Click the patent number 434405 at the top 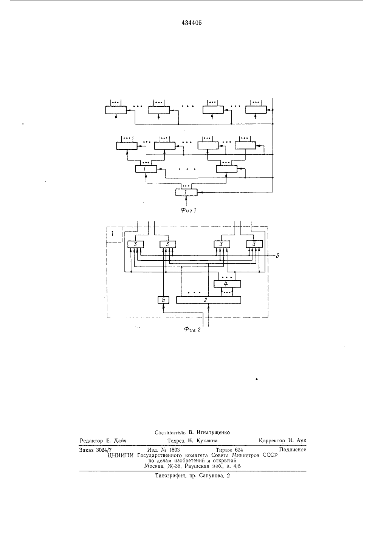pos(192,23)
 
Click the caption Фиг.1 pos(188,210)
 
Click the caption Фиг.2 pos(192,330)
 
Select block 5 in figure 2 pos(163,300)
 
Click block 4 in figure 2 pos(227,284)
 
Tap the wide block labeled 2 pos(209,300)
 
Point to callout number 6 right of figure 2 pos(277,256)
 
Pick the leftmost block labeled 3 pos(136,244)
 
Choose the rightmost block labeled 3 pos(254,244)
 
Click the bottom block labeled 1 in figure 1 pos(186,192)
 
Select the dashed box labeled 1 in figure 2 pos(114,234)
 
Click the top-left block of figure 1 pos(116,110)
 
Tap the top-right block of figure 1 pos(256,110)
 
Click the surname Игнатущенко pos(213,432)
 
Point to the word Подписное pos(293,449)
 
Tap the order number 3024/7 pos(104,450)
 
